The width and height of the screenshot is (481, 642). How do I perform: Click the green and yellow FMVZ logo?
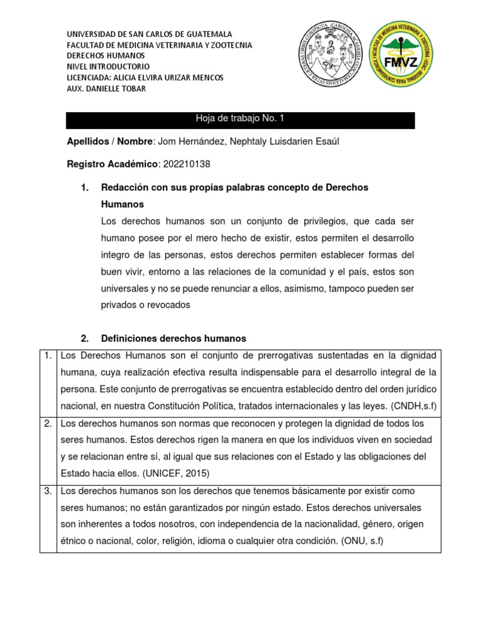(400, 56)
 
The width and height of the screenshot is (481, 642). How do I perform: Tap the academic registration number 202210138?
(187, 164)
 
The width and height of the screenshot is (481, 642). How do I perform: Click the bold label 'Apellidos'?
(87, 142)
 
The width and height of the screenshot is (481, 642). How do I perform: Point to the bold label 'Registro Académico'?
(112, 164)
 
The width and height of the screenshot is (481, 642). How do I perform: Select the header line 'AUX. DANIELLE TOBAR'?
(106, 88)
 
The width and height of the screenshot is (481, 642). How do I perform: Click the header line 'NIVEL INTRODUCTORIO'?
(108, 66)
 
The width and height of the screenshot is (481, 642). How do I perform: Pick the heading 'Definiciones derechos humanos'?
(173, 339)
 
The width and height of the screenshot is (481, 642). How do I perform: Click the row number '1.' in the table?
(48, 356)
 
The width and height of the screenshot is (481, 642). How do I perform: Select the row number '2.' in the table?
(48, 424)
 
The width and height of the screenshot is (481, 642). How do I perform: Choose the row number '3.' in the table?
(48, 491)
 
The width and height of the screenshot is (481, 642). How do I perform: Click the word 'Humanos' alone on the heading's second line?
(122, 204)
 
